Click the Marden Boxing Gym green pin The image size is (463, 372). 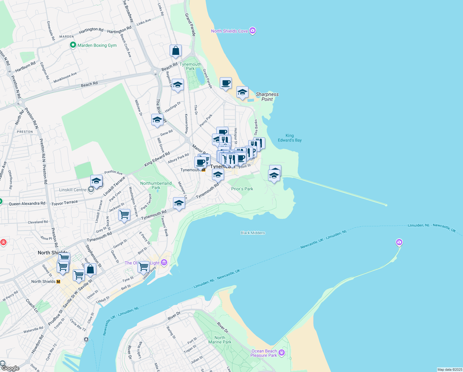click(x=73, y=45)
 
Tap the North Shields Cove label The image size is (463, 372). click(x=229, y=31)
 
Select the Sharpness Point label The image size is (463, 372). click(x=267, y=97)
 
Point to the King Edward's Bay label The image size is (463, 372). click(x=289, y=138)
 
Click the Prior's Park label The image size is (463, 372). click(x=242, y=189)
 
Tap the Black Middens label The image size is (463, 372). click(x=253, y=233)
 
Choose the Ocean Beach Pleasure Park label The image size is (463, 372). click(x=264, y=353)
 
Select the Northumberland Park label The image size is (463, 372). click(x=156, y=185)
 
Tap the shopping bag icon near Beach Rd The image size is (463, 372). click(x=175, y=51)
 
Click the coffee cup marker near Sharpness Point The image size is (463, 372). click(x=226, y=83)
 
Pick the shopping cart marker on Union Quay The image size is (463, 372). click(x=143, y=267)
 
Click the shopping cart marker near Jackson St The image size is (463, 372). click(x=124, y=215)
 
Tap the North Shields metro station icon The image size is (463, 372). click(x=58, y=281)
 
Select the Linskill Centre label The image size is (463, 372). click(x=73, y=190)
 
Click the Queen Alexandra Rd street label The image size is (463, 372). click(x=27, y=204)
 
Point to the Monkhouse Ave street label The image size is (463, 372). click(x=65, y=78)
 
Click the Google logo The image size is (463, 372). click(x=10, y=368)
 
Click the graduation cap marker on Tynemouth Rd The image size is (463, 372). click(x=179, y=203)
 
